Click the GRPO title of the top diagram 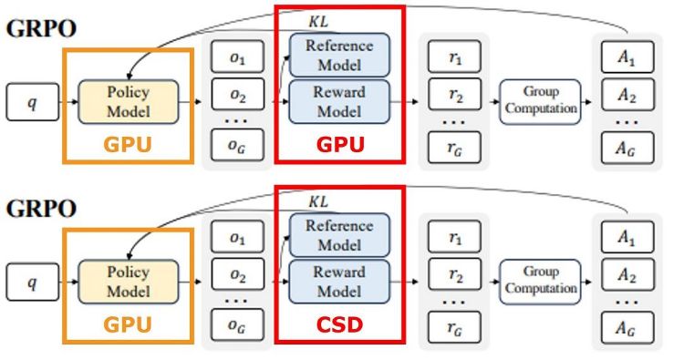[x=42, y=28]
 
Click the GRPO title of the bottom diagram [x=42, y=208]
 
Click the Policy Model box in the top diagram [x=128, y=103]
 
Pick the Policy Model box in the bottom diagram [x=128, y=283]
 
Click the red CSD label [x=339, y=324]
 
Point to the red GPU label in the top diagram [x=339, y=144]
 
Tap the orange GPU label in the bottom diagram [x=127, y=324]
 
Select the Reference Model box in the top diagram [x=338, y=55]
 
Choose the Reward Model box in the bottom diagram [x=338, y=282]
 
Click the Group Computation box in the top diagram [x=540, y=101]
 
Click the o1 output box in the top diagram [x=236, y=57]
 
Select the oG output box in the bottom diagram [x=236, y=324]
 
